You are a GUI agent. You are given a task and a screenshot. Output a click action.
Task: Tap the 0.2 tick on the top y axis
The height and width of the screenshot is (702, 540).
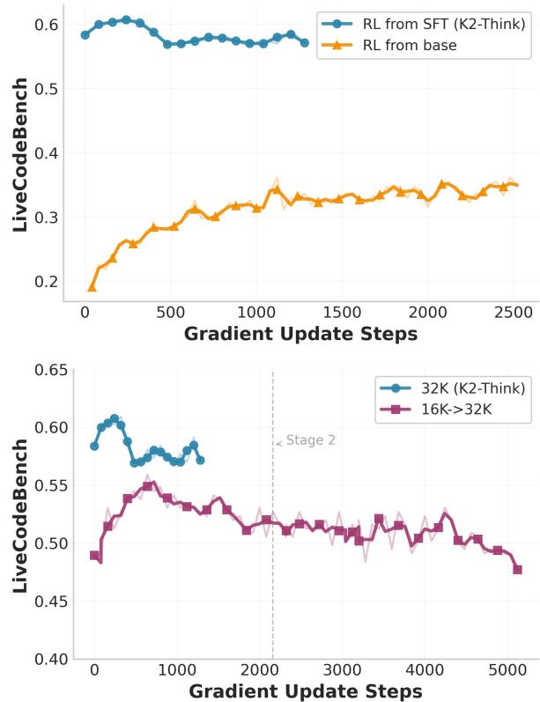pyautogui.click(x=49, y=282)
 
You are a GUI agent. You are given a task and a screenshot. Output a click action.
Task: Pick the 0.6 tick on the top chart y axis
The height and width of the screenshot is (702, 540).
pyautogui.click(x=49, y=25)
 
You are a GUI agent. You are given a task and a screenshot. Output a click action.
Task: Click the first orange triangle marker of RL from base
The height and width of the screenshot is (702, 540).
pyautogui.click(x=92, y=287)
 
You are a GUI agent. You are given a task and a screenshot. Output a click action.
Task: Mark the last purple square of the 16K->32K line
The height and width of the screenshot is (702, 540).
pyautogui.click(x=517, y=569)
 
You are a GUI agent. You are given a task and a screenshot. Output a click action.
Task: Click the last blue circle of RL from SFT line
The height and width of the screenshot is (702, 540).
pyautogui.click(x=305, y=42)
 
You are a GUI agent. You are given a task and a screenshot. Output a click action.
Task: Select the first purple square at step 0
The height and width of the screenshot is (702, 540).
pyautogui.click(x=94, y=555)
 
